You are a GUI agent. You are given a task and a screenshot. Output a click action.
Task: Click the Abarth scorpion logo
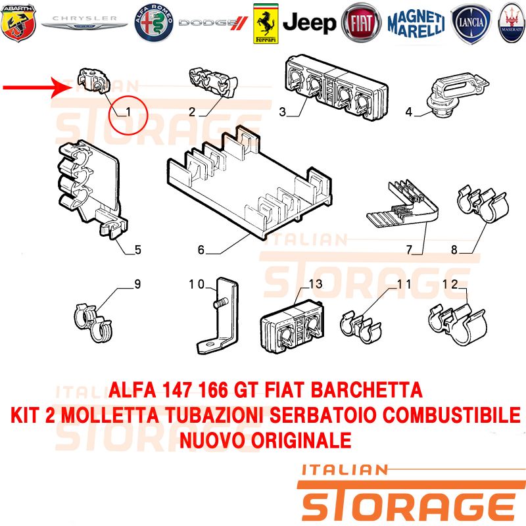[x=18, y=23]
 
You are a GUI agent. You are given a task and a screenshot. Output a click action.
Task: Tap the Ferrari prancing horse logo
[x=266, y=24]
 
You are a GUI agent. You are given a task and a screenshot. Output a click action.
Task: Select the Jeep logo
[x=309, y=23]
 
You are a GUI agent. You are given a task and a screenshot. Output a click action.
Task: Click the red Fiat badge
[x=361, y=23]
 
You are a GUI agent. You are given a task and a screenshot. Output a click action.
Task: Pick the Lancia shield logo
[x=471, y=24]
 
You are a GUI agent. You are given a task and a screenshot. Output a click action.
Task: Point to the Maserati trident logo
[x=512, y=23]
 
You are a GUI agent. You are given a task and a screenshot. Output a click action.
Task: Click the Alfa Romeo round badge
[x=154, y=23]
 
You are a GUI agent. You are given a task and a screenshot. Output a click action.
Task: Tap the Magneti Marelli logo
[x=416, y=24]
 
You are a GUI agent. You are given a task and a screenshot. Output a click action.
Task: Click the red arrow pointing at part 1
[x=37, y=87]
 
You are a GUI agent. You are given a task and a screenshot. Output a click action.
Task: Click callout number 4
[x=408, y=112]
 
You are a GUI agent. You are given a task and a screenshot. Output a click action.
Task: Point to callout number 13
[x=316, y=284]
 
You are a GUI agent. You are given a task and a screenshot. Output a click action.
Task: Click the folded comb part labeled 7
[x=402, y=204]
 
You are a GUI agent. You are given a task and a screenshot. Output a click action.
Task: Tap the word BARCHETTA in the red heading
[x=366, y=390]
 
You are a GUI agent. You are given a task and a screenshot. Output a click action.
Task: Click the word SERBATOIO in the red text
[x=323, y=415]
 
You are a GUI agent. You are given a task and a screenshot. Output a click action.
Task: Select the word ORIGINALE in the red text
[x=301, y=440]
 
